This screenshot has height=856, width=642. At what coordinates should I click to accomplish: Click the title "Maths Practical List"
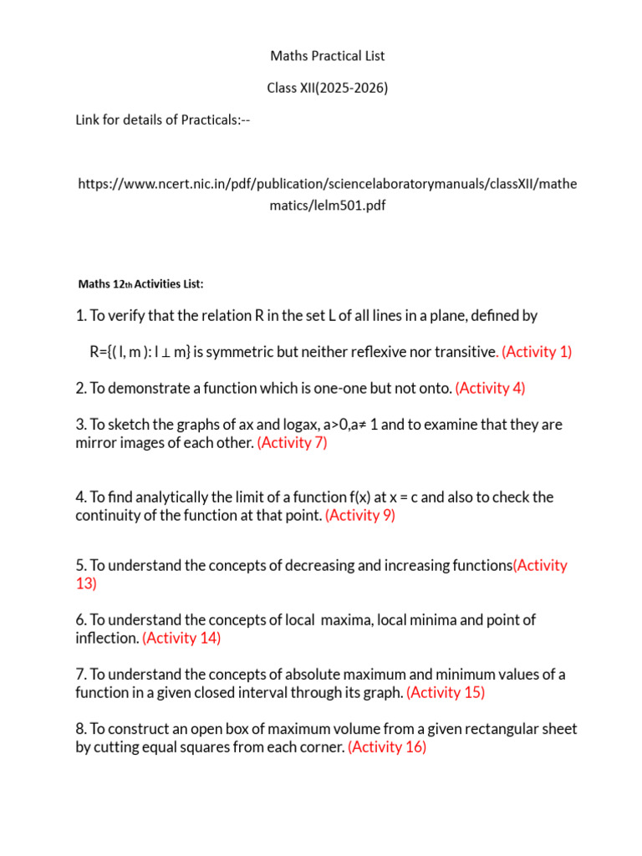(327, 56)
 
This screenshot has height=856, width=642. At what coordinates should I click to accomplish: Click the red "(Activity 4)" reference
(491, 388)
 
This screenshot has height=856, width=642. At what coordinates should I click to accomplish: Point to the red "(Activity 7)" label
(293, 443)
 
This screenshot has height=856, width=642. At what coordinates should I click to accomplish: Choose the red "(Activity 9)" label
(360, 516)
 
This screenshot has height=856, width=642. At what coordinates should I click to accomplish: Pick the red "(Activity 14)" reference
(181, 639)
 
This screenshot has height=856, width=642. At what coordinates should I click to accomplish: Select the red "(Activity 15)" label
(446, 693)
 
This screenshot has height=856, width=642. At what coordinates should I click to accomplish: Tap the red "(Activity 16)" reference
(387, 747)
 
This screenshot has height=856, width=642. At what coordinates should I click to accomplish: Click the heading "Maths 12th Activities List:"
(140, 284)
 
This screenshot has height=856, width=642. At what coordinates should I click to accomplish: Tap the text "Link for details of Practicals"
(156, 120)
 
